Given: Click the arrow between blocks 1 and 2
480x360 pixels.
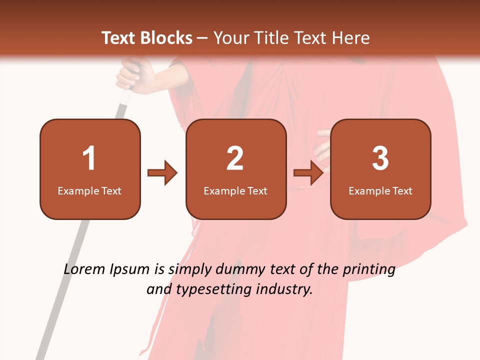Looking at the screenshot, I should [162, 173].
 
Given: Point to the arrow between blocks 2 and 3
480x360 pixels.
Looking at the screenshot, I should [308, 173].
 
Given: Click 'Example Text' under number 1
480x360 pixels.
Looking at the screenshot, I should [89, 191].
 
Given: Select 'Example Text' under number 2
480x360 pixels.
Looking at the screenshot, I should [235, 191].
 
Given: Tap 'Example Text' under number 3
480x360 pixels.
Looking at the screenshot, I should [380, 191].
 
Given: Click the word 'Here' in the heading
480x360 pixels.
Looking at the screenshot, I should [350, 38].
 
